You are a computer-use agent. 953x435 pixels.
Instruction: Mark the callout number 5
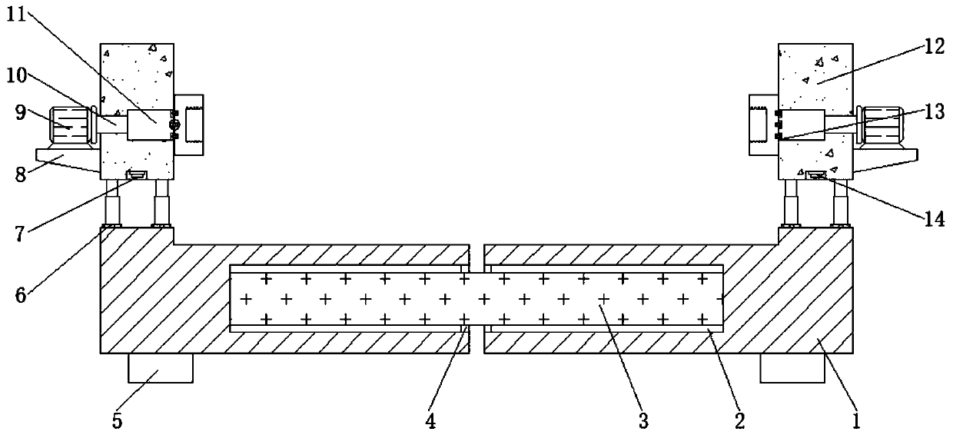118,420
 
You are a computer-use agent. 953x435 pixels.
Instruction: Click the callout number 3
643,420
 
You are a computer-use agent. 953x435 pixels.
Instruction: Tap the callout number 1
857,420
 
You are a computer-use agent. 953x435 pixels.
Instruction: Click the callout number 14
934,217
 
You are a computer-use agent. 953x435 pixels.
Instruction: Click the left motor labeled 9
71,125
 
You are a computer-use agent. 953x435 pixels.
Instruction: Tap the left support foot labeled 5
160,368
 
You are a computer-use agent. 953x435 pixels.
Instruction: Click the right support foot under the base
792,368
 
